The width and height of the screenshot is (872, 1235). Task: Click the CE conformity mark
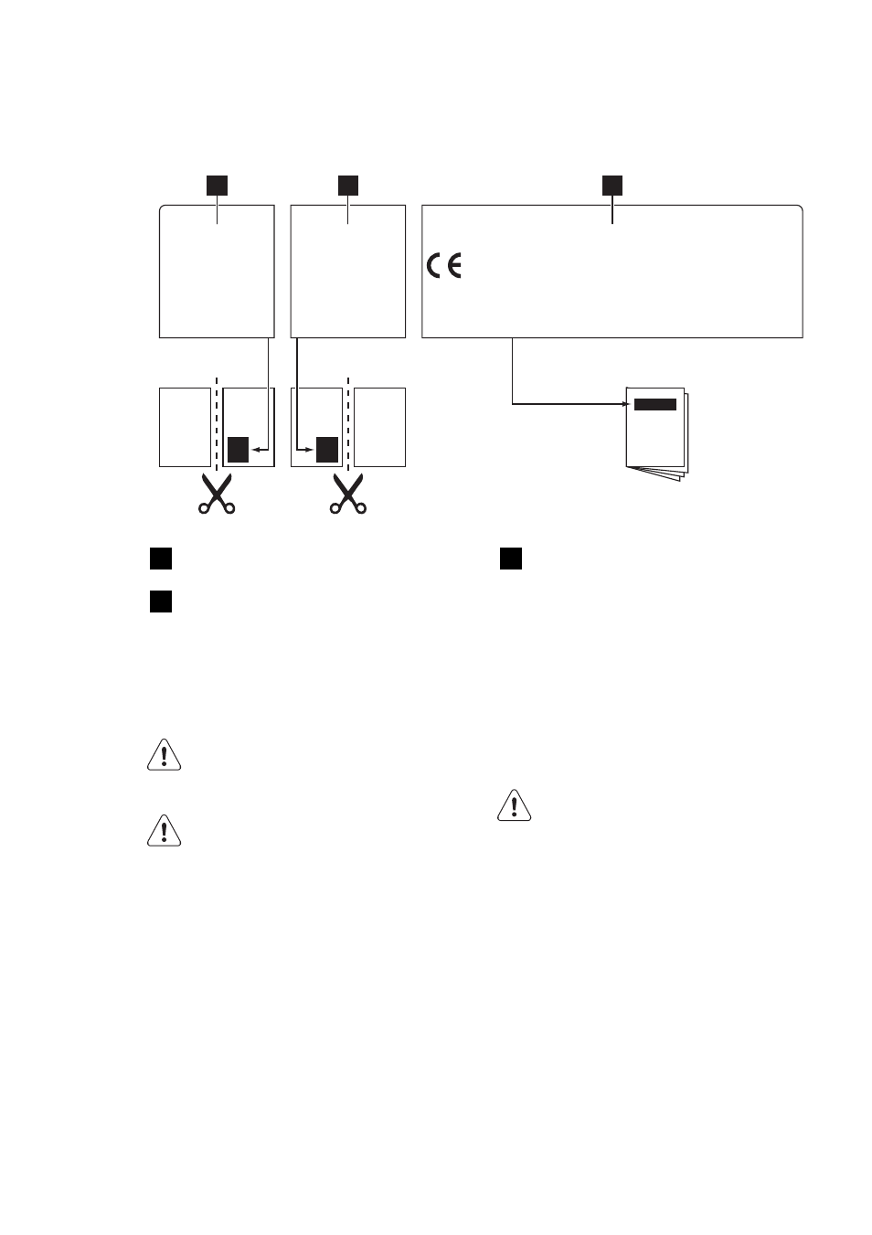click(443, 265)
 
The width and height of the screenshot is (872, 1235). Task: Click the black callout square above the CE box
click(611, 186)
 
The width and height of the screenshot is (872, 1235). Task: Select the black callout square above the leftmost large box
click(217, 186)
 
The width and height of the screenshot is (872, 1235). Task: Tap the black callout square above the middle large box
click(348, 186)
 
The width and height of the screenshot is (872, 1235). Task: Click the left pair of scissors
click(217, 494)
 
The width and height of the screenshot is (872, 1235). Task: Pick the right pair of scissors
click(348, 494)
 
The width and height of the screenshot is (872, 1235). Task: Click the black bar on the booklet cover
click(654, 404)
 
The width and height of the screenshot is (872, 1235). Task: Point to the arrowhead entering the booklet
click(626, 404)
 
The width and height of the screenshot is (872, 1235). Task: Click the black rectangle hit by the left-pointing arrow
click(239, 450)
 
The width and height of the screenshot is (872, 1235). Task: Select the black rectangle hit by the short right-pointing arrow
click(327, 450)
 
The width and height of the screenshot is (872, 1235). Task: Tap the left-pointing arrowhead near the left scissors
click(256, 450)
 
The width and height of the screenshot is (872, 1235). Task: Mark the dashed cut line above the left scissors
click(217, 424)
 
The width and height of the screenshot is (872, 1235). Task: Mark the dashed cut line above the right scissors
click(348, 424)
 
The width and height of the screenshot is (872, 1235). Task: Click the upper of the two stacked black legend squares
click(160, 559)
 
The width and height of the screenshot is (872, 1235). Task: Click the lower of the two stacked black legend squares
click(160, 602)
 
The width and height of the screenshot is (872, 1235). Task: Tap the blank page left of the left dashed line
click(186, 427)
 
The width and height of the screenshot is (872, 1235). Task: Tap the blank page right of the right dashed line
click(379, 427)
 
